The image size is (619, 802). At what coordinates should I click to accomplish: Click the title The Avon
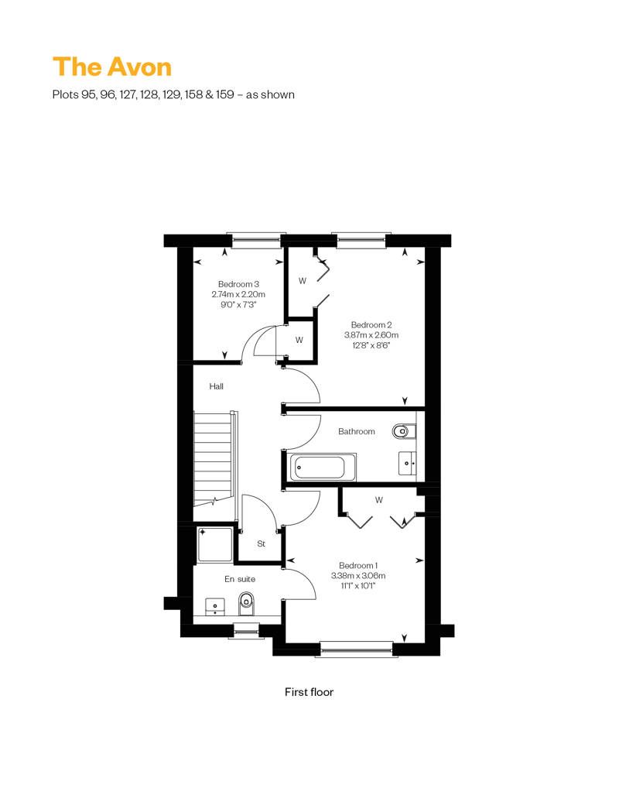tap(112, 67)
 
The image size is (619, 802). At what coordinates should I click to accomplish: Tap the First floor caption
tap(309, 692)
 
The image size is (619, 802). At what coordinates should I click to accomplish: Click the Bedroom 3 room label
tap(238, 284)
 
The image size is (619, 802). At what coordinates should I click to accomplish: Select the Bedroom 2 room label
tap(371, 325)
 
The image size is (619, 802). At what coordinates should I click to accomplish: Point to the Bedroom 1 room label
tap(357, 565)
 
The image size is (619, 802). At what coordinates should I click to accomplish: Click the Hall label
tap(216, 387)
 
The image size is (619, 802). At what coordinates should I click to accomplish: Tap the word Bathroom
tap(356, 432)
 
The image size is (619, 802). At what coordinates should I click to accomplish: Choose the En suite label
tap(240, 579)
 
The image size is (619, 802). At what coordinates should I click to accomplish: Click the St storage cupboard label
tap(262, 543)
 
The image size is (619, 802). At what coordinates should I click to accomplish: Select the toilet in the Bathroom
tap(404, 432)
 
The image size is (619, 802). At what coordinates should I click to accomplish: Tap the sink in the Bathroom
tap(408, 464)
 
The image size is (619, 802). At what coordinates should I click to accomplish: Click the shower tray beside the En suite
tap(214, 546)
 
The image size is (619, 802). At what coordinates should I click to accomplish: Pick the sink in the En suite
tap(215, 607)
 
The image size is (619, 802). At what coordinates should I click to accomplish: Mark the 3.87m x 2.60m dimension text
tap(371, 335)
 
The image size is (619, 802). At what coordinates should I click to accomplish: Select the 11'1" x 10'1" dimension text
tap(357, 586)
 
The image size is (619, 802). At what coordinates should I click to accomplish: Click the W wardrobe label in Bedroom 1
tap(379, 500)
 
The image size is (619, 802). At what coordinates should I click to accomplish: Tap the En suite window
tap(246, 630)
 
